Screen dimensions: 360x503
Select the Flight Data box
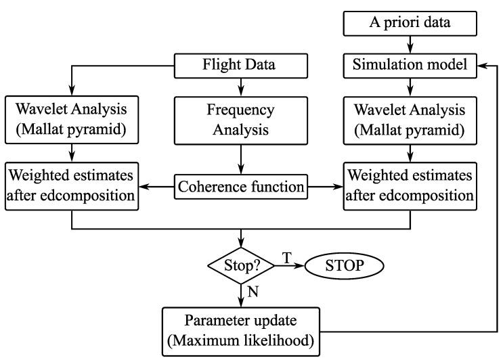click(x=242, y=66)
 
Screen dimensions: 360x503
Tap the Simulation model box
click(x=410, y=66)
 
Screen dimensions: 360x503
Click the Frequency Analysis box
click(x=242, y=120)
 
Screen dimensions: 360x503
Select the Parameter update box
click(x=242, y=329)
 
